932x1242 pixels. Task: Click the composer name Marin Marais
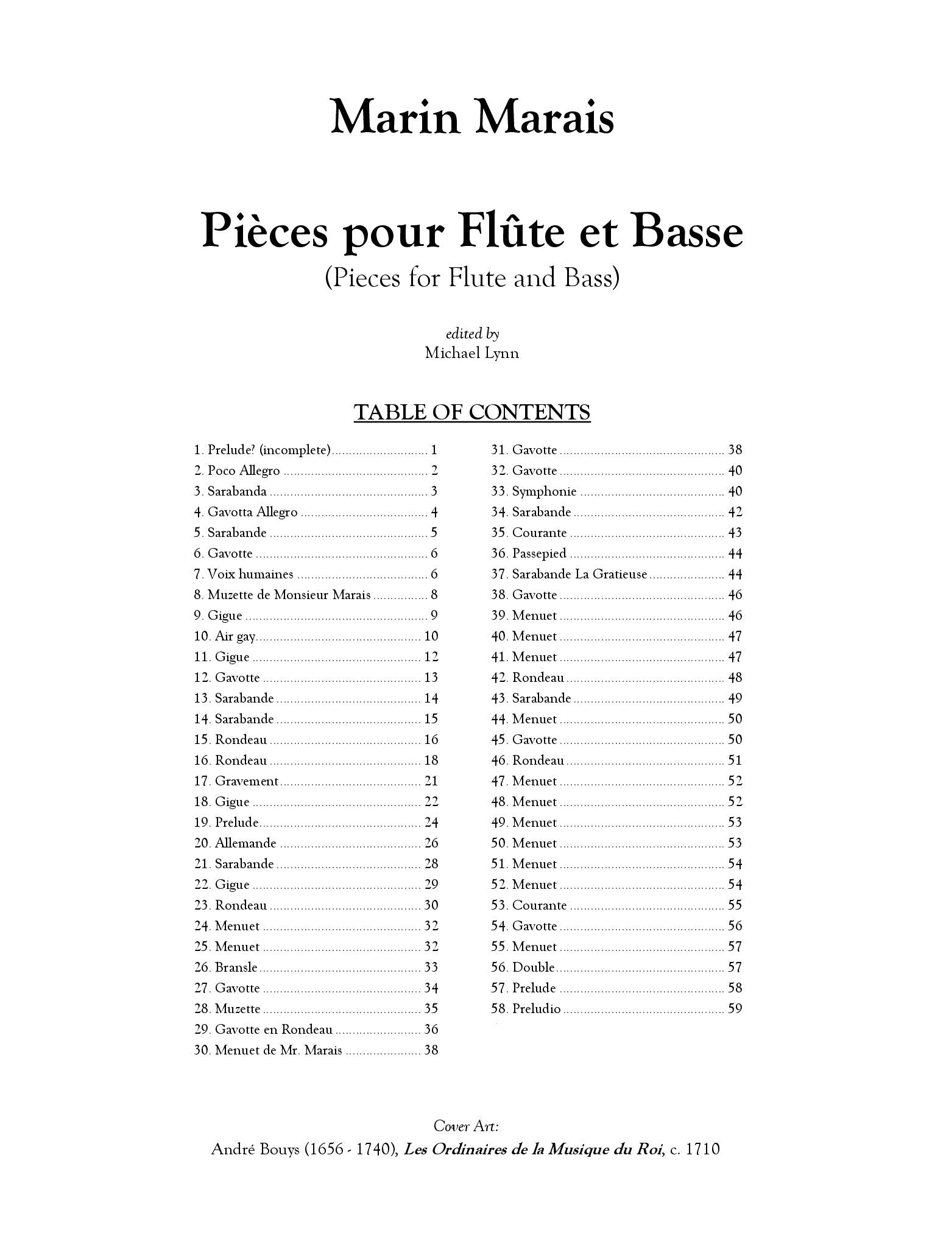pyautogui.click(x=471, y=117)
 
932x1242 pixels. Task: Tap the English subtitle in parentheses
pyautogui.click(x=471, y=279)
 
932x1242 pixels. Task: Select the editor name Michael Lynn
pyautogui.click(x=471, y=353)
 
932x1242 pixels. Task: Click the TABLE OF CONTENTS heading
pyautogui.click(x=471, y=413)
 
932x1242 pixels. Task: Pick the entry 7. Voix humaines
pyautogui.click(x=244, y=574)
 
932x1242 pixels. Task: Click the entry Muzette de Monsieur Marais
pyautogui.click(x=289, y=595)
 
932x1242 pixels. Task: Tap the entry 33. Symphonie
pyautogui.click(x=534, y=491)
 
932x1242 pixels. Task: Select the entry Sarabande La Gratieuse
pyautogui.click(x=579, y=574)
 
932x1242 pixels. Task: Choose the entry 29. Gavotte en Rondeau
pyautogui.click(x=263, y=1030)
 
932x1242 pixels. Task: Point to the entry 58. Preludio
pyautogui.click(x=526, y=1009)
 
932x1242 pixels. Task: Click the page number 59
pyautogui.click(x=735, y=1009)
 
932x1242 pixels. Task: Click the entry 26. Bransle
pyautogui.click(x=226, y=967)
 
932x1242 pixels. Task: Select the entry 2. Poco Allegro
pyautogui.click(x=237, y=471)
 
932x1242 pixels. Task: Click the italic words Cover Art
pyautogui.click(x=467, y=1126)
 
